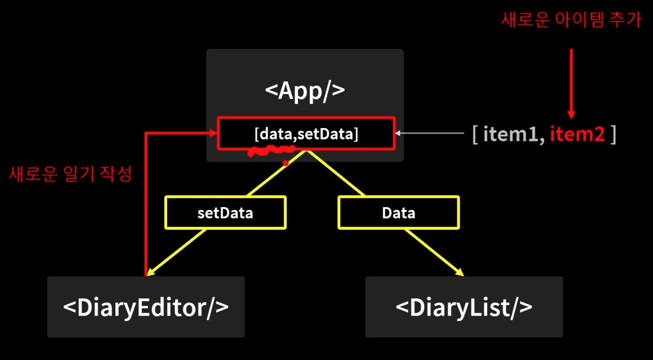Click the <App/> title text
pos(305,90)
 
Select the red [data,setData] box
pos(306,133)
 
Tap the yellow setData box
pos(225,213)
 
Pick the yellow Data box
pos(399,213)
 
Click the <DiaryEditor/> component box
pos(146,307)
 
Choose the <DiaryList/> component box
pos(464,307)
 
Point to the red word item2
pos(577,134)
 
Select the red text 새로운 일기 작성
pos(70,174)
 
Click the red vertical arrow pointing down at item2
pos(572,82)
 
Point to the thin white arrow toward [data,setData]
pos(431,133)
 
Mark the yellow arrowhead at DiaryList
pos(460,273)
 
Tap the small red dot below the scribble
pos(285,163)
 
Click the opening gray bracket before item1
pos(475,135)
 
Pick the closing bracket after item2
pos(613,135)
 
